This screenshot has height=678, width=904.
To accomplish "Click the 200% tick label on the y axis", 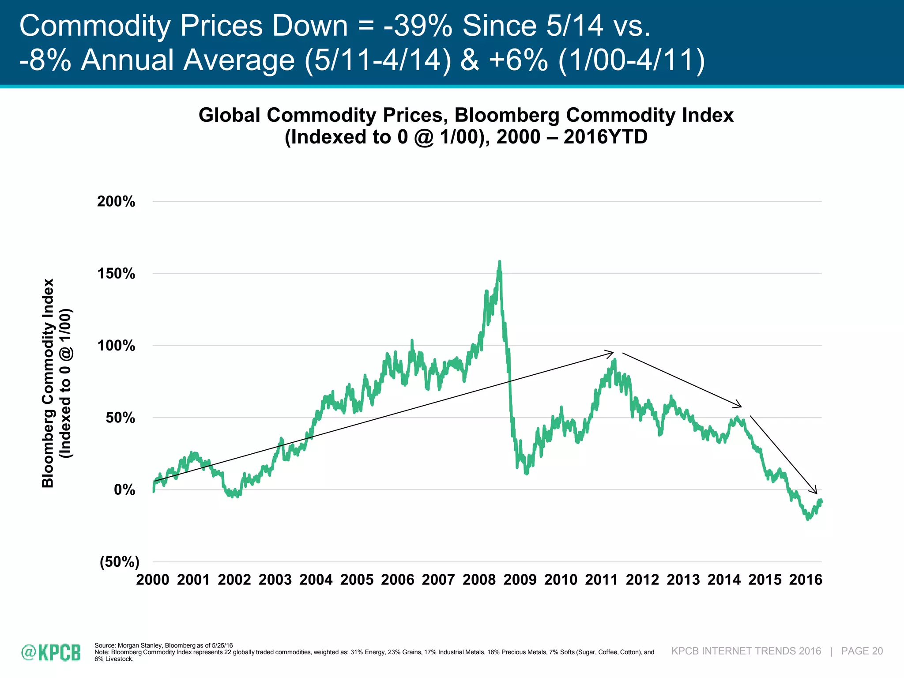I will point(116,202).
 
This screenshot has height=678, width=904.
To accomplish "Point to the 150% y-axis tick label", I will point(116,274).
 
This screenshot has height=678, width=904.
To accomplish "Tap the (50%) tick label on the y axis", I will point(120,562).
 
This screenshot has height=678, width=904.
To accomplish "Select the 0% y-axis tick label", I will point(124,490).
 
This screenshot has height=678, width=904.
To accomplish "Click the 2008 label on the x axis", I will point(479,580).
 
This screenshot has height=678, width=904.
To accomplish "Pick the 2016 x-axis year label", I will point(806,580).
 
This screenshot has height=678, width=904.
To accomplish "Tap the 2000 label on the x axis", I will point(153,580).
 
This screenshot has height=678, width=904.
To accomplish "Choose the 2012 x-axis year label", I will point(642,580).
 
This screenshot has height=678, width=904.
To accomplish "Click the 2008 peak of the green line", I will point(500,262).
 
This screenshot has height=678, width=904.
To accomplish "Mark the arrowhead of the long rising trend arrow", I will point(612,353).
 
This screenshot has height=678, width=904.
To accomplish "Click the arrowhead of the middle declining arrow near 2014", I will point(740,406).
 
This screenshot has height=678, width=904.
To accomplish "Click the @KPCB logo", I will point(51,652).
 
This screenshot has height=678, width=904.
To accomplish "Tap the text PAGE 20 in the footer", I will point(862,651).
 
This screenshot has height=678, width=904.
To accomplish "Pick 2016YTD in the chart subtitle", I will point(605,137).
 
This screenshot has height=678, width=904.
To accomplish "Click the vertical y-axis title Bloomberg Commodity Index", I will point(48,383).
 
